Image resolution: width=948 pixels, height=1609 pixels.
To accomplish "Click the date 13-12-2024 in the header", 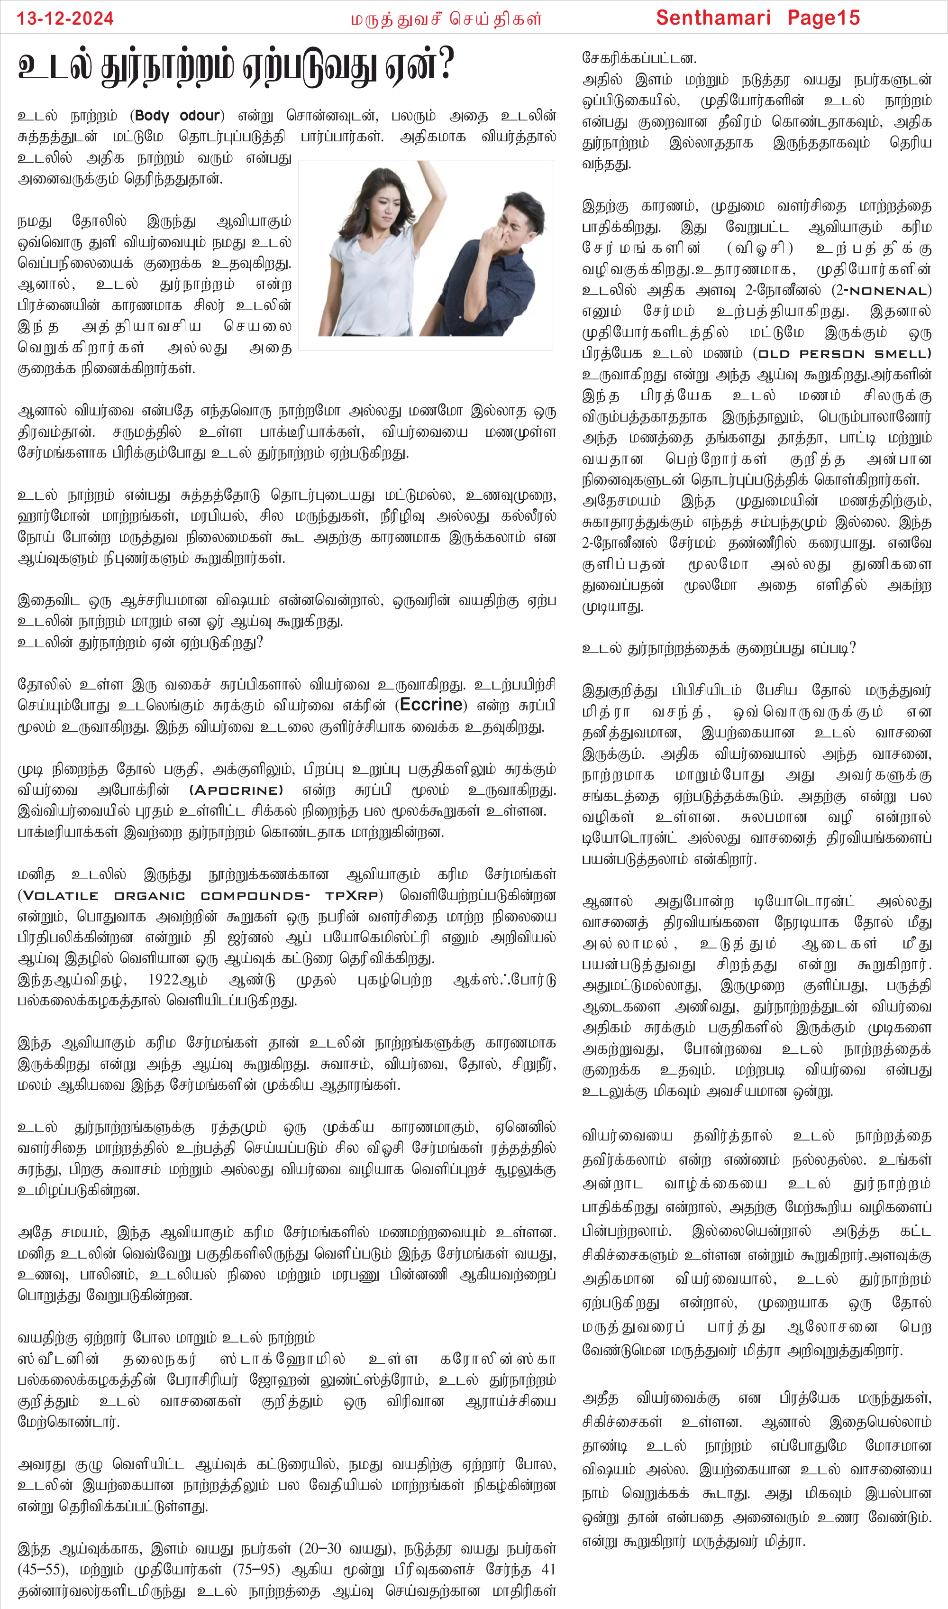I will pos(65,18).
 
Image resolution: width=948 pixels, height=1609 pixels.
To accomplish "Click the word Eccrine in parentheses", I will pos(431,705).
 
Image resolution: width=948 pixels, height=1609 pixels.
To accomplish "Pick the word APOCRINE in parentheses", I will pos(237,791).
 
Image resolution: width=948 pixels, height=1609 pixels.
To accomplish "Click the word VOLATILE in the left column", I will pos(61,896).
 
